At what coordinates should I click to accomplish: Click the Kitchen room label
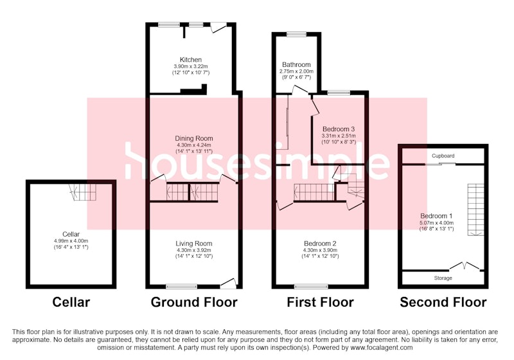click(x=191, y=60)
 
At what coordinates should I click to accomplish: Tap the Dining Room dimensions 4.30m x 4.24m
click(x=194, y=145)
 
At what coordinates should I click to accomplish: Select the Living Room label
click(x=194, y=244)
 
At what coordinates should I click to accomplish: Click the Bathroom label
click(x=296, y=64)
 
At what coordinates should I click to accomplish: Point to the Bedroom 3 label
click(x=339, y=129)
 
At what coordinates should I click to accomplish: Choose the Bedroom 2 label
click(x=320, y=244)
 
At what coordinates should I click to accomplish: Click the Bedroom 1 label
click(x=436, y=216)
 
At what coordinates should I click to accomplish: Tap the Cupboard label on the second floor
click(x=443, y=156)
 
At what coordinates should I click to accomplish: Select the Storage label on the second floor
click(x=443, y=278)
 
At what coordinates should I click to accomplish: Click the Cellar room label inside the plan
click(x=71, y=235)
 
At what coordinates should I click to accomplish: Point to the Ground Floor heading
click(x=194, y=302)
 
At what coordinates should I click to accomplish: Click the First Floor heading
click(x=320, y=302)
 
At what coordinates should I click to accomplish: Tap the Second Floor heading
click(x=443, y=302)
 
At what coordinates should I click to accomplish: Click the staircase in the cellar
click(x=83, y=192)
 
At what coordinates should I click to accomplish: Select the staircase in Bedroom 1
click(x=475, y=210)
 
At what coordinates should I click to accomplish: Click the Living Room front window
click(x=182, y=287)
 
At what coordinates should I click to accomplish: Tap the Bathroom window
click(x=297, y=34)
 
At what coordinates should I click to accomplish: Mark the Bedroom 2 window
click(x=311, y=287)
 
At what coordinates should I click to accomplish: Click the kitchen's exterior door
click(x=218, y=28)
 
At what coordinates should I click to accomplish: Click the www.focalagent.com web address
click(x=382, y=348)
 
